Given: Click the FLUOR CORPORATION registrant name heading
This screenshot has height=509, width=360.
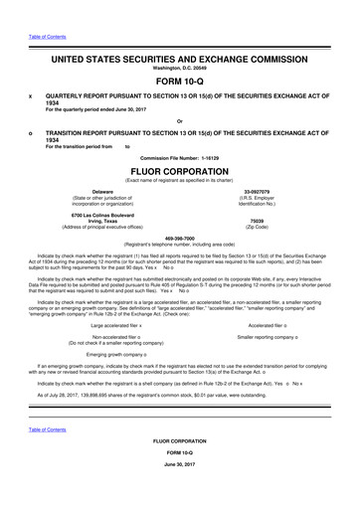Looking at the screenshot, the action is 180,169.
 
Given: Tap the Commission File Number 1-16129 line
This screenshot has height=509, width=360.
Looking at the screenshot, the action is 180,158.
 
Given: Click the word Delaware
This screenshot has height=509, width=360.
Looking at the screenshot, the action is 102,191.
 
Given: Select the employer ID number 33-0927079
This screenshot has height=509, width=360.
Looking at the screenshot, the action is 257,191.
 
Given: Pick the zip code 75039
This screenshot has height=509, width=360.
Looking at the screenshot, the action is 257,221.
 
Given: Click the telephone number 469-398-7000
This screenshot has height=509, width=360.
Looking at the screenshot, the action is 180,238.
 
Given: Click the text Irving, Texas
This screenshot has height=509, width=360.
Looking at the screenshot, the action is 102,221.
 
